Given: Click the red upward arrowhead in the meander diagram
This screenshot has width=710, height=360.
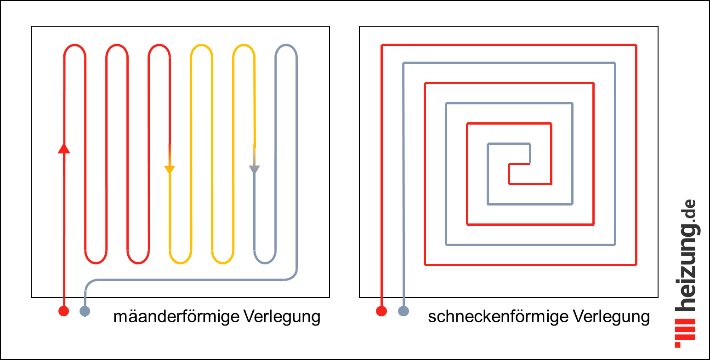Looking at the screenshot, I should pyautogui.click(x=64, y=148).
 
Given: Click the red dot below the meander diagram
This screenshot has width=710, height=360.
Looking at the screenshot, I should pyautogui.click(x=64, y=311).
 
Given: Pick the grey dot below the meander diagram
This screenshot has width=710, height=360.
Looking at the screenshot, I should pyautogui.click(x=85, y=311).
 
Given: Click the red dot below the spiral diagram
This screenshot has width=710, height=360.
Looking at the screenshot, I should pyautogui.click(x=381, y=311).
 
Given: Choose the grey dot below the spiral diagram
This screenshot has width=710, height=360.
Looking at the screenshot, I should pyautogui.click(x=403, y=311).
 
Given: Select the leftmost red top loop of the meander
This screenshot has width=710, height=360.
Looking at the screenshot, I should pyautogui.click(x=74, y=46).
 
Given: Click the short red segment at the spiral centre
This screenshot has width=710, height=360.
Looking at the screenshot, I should pyautogui.click(x=520, y=164).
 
